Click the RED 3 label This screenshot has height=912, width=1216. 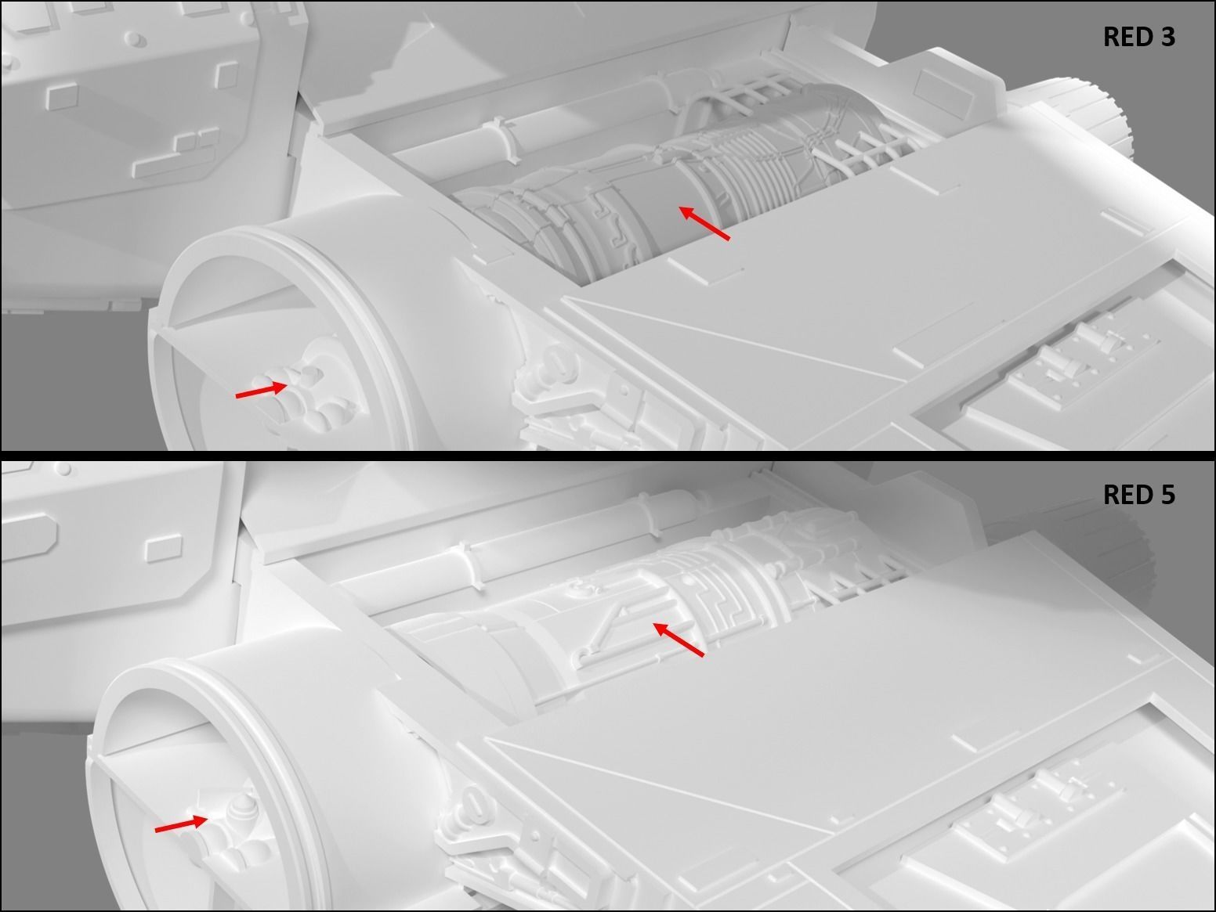pyautogui.click(x=1139, y=37)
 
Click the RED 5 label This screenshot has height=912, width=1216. pyautogui.click(x=1139, y=495)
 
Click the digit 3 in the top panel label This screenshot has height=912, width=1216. pyautogui.click(x=1167, y=37)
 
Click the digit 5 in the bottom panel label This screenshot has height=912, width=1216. pyautogui.click(x=1167, y=495)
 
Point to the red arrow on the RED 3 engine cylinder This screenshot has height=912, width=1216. pyautogui.click(x=704, y=224)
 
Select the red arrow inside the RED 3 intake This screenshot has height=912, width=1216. pyautogui.click(x=262, y=389)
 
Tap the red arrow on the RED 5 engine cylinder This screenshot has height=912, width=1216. pyautogui.click(x=679, y=640)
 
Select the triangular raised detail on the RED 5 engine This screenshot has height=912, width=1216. pyautogui.click(x=606, y=628)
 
